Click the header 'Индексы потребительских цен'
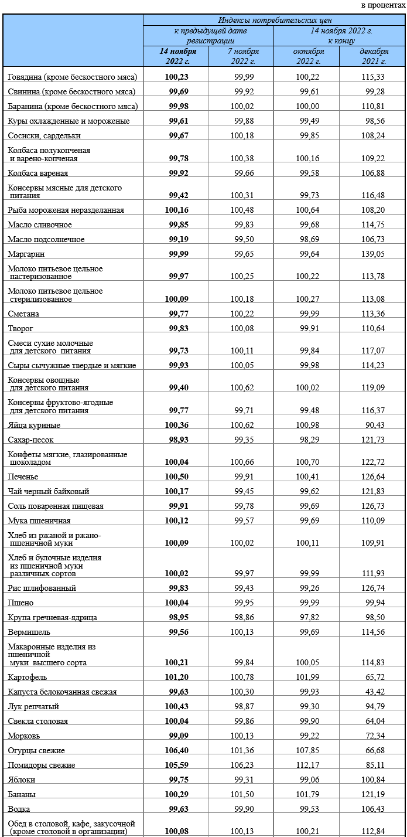coord(275,20)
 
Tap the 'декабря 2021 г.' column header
coord(373,56)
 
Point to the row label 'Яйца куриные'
coord(34,425)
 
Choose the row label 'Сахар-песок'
coord(32,440)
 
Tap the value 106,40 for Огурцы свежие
coord(176,751)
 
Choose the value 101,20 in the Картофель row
coord(176,677)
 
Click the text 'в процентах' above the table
coord(382,5)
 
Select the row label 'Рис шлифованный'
coord(42,588)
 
